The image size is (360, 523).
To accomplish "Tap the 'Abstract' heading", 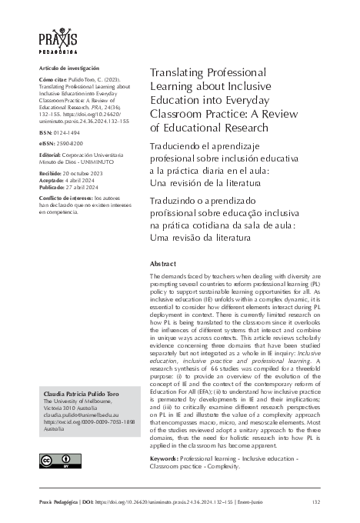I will [x=162, y=262].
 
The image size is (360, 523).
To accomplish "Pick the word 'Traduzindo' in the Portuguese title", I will [x=174, y=201].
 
